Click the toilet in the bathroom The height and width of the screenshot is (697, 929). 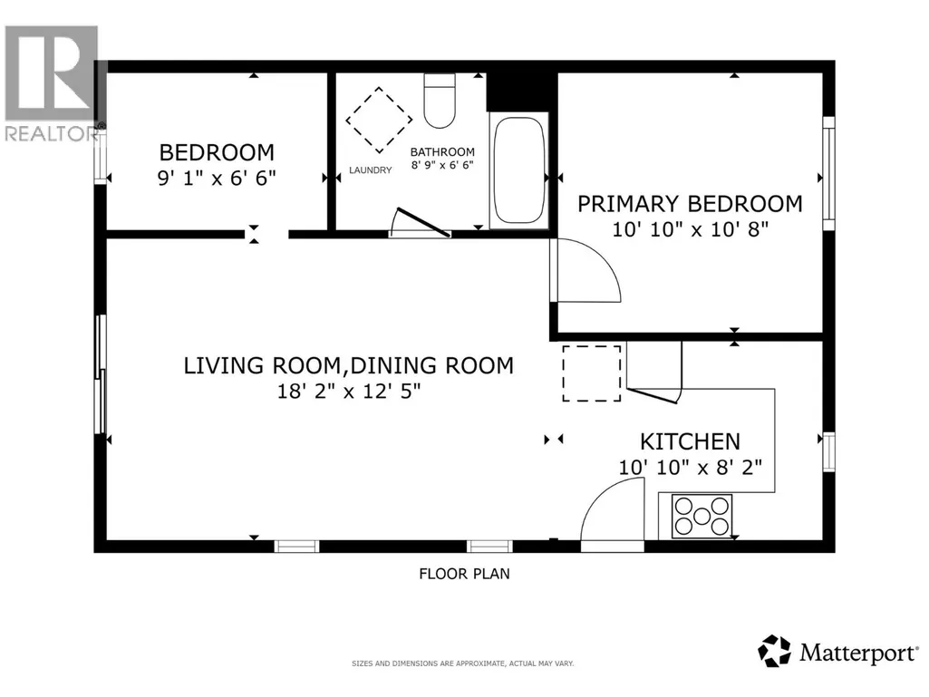click(x=440, y=101)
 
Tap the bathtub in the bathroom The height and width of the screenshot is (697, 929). click(x=519, y=169)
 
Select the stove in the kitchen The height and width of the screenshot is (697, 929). click(x=702, y=517)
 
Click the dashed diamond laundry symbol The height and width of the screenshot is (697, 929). click(x=379, y=120)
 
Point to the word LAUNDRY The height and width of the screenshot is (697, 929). click(x=371, y=170)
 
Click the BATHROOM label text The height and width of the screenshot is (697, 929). click(x=442, y=152)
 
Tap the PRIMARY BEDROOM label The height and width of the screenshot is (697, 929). click(x=691, y=204)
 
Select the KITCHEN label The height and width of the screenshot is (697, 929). click(x=691, y=441)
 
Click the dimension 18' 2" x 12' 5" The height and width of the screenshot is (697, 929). click(x=349, y=392)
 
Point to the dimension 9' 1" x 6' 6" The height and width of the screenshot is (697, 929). click(x=217, y=178)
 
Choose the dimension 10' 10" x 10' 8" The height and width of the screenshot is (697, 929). click(x=691, y=229)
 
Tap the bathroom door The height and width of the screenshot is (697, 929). click(x=423, y=222)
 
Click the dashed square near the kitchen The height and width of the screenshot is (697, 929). click(x=591, y=373)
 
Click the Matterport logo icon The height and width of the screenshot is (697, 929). click(x=774, y=651)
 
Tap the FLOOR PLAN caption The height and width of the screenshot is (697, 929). click(x=464, y=574)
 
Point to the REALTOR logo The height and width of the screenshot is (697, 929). click(x=53, y=83)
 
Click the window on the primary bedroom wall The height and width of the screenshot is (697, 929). click(x=829, y=173)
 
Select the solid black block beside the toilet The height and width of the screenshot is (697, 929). click(x=522, y=92)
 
